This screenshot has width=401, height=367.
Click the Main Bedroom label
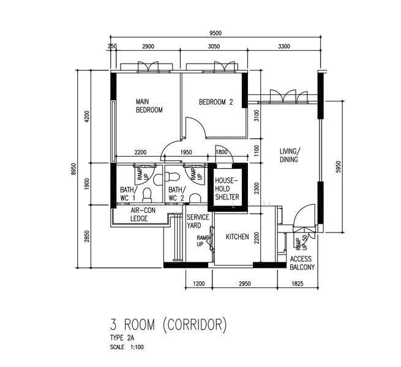(x=149, y=106)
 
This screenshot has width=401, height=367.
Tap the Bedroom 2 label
(x=216, y=102)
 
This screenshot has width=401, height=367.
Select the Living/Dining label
(x=289, y=155)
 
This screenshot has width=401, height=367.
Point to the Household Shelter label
(x=227, y=189)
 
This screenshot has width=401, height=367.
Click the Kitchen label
(x=238, y=237)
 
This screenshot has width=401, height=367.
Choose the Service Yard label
(x=198, y=221)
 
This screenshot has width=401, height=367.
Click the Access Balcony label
(x=302, y=263)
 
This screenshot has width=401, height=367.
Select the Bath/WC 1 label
(x=129, y=194)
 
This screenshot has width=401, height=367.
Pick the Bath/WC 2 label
(x=177, y=194)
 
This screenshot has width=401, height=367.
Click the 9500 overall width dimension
(x=215, y=33)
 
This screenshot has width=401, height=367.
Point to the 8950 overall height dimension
(x=74, y=169)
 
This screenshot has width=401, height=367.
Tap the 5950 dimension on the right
(x=339, y=167)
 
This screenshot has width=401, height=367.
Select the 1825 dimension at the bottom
(x=297, y=283)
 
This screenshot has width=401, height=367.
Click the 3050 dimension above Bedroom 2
(x=214, y=46)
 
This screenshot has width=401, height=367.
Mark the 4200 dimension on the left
(x=87, y=117)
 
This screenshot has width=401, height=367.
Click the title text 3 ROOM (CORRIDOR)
(x=168, y=325)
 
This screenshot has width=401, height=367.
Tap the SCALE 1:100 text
(x=127, y=347)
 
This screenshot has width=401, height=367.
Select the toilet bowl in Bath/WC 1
(x=147, y=195)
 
